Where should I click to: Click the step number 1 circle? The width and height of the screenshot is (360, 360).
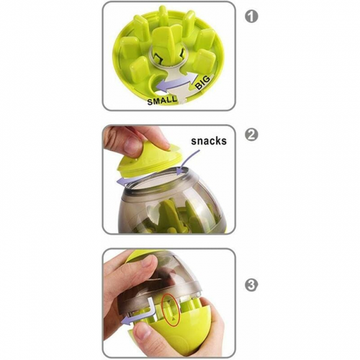[x=251, y=17]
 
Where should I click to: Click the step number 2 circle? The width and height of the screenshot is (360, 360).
[x=251, y=135]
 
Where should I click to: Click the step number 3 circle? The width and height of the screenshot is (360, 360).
[x=251, y=285]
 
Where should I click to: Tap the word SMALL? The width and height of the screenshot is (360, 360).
[x=161, y=100]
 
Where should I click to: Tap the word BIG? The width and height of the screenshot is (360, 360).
[x=202, y=82]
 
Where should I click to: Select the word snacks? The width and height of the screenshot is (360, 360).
[x=209, y=141]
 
